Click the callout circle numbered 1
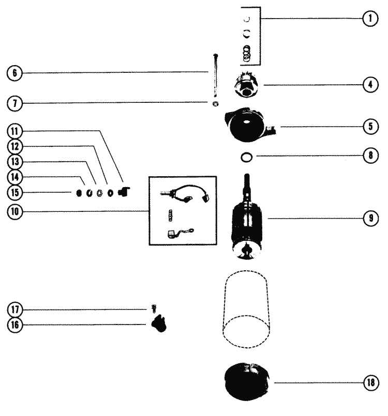tap(369, 19)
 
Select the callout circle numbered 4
tap(369, 84)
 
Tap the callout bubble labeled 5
tap(369, 127)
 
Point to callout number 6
tap(14, 72)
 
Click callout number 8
tap(369, 156)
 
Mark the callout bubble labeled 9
tap(369, 219)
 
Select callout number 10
tap(14, 210)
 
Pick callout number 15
tap(14, 193)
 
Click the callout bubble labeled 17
tap(14, 310)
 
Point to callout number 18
tap(369, 383)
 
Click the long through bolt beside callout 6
tap(215, 75)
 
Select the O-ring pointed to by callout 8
tap(248, 156)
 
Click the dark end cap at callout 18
tap(247, 382)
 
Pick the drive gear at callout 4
tap(247, 85)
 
